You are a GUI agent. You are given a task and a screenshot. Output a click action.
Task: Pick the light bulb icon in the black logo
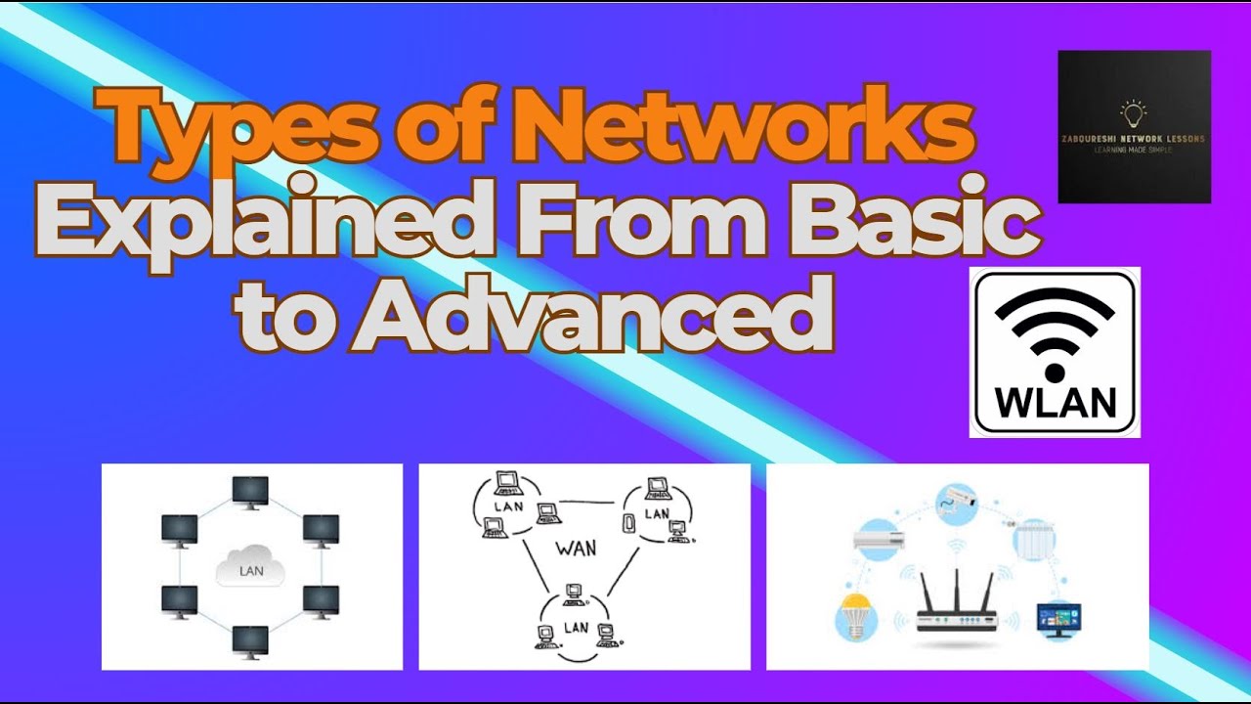coord(1134,113)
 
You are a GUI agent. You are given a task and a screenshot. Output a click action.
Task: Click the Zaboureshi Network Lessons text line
coord(1134,139)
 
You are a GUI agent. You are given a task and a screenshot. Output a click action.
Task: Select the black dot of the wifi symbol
coord(1055,373)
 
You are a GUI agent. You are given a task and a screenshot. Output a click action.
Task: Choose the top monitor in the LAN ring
coord(251,490)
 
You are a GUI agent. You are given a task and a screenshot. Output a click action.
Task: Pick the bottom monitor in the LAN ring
coord(251,640)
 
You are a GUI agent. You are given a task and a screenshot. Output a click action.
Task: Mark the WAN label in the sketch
coord(576,547)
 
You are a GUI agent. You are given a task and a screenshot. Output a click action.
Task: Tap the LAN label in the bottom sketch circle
coord(578,625)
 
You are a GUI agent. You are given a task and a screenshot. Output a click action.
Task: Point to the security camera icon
coord(957,503)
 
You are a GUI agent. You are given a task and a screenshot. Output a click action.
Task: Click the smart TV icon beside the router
coord(1058,619)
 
